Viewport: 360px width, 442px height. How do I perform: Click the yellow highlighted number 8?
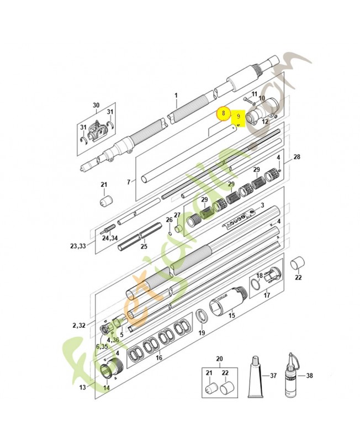[222, 112]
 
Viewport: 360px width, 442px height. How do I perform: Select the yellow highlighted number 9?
[238, 117]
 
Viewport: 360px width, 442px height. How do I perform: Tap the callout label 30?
[96, 106]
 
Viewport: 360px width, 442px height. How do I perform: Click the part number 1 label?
[176, 95]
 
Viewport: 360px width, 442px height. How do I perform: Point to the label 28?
[297, 157]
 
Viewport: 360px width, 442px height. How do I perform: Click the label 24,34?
[109, 238]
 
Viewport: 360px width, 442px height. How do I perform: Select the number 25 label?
[144, 246]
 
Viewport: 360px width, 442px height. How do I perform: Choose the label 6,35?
[102, 346]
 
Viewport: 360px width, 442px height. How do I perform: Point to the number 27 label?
[177, 215]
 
